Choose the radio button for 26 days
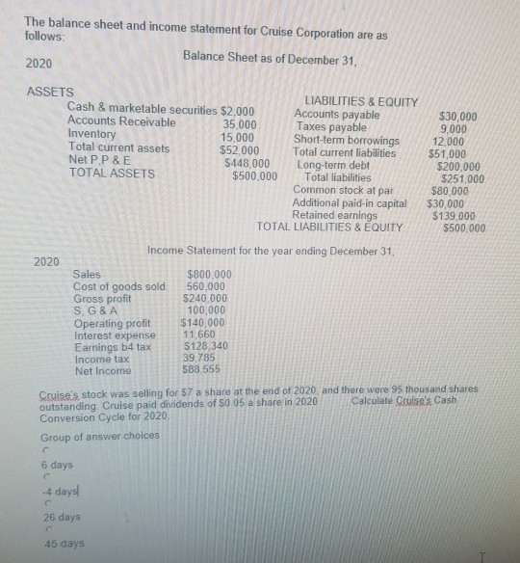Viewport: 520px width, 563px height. click(44, 503)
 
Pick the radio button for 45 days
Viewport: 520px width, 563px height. click(44, 529)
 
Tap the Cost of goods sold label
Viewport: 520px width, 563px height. click(119, 286)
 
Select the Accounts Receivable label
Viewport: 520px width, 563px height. click(122, 122)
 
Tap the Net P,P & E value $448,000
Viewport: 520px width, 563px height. click(247, 162)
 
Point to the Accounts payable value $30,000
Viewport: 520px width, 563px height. click(457, 116)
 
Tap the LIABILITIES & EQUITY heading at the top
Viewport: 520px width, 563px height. click(360, 102)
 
